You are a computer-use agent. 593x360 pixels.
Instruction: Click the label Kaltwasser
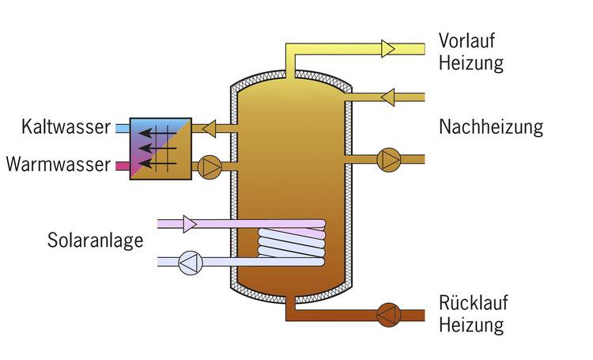pos(66,127)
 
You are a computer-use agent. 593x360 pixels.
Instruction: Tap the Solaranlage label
pos(95,240)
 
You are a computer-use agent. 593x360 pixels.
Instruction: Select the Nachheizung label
pos(491,127)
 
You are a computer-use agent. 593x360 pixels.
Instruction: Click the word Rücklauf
pos(473,304)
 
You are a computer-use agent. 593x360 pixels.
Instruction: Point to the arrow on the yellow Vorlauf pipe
pos(387,48)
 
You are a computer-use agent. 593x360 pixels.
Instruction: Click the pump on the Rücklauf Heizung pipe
pos(388,315)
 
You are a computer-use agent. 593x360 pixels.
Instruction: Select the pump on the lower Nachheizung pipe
pos(389,158)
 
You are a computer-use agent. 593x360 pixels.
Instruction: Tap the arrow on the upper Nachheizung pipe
pos(387,97)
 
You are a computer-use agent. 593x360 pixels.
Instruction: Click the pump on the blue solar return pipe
pos(190,262)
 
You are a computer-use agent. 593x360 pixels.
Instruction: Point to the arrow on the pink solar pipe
pos(190,224)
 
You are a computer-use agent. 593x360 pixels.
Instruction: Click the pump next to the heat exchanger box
pos(209,166)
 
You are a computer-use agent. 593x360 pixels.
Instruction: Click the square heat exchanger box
pos(160,147)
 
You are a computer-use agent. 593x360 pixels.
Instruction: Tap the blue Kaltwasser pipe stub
pos(122,127)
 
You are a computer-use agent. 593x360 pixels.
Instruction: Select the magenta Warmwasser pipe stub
pos(122,166)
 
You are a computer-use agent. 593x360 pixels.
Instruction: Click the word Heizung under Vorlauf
pos(471,63)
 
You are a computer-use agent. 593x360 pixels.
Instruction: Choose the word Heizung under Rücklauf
pos(471,325)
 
